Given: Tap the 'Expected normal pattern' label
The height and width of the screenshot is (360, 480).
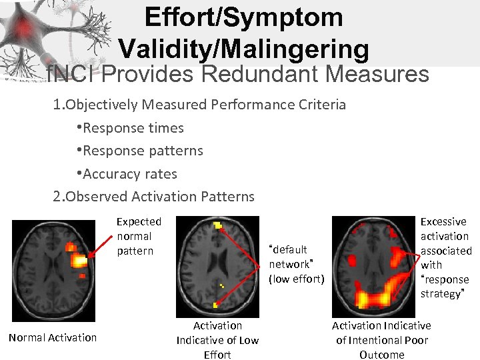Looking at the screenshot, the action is point(139,236).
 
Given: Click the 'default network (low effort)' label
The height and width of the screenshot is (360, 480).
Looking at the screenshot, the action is point(296,264).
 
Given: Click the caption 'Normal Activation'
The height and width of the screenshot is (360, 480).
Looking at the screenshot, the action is point(53,337).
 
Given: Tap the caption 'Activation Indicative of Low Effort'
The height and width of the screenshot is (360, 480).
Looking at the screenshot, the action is point(217,340).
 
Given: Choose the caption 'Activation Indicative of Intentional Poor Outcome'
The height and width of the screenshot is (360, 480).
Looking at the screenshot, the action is point(381,340).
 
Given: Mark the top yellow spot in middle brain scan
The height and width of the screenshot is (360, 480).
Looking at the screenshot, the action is point(218,225).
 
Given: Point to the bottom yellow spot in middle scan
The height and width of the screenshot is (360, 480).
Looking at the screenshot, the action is point(215,305).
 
